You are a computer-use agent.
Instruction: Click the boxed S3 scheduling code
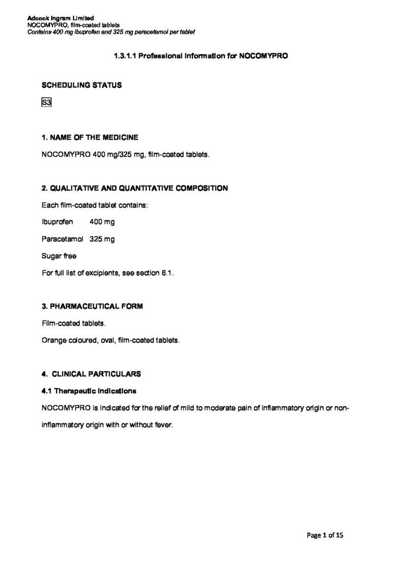tap(46, 103)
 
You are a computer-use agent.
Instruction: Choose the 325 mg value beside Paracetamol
tap(102, 239)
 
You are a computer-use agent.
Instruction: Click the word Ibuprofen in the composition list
tap(57, 222)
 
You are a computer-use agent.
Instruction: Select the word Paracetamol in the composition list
tap(62, 239)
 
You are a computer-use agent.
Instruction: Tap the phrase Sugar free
tap(59, 256)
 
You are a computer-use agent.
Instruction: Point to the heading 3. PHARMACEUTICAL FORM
tap(92, 307)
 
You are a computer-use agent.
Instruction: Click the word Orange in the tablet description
tap(53, 340)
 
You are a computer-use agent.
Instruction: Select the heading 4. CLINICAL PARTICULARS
tap(91, 374)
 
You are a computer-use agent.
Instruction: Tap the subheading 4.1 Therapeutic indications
tap(89, 391)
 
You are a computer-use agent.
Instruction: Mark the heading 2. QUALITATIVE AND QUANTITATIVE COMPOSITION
tap(135, 188)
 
